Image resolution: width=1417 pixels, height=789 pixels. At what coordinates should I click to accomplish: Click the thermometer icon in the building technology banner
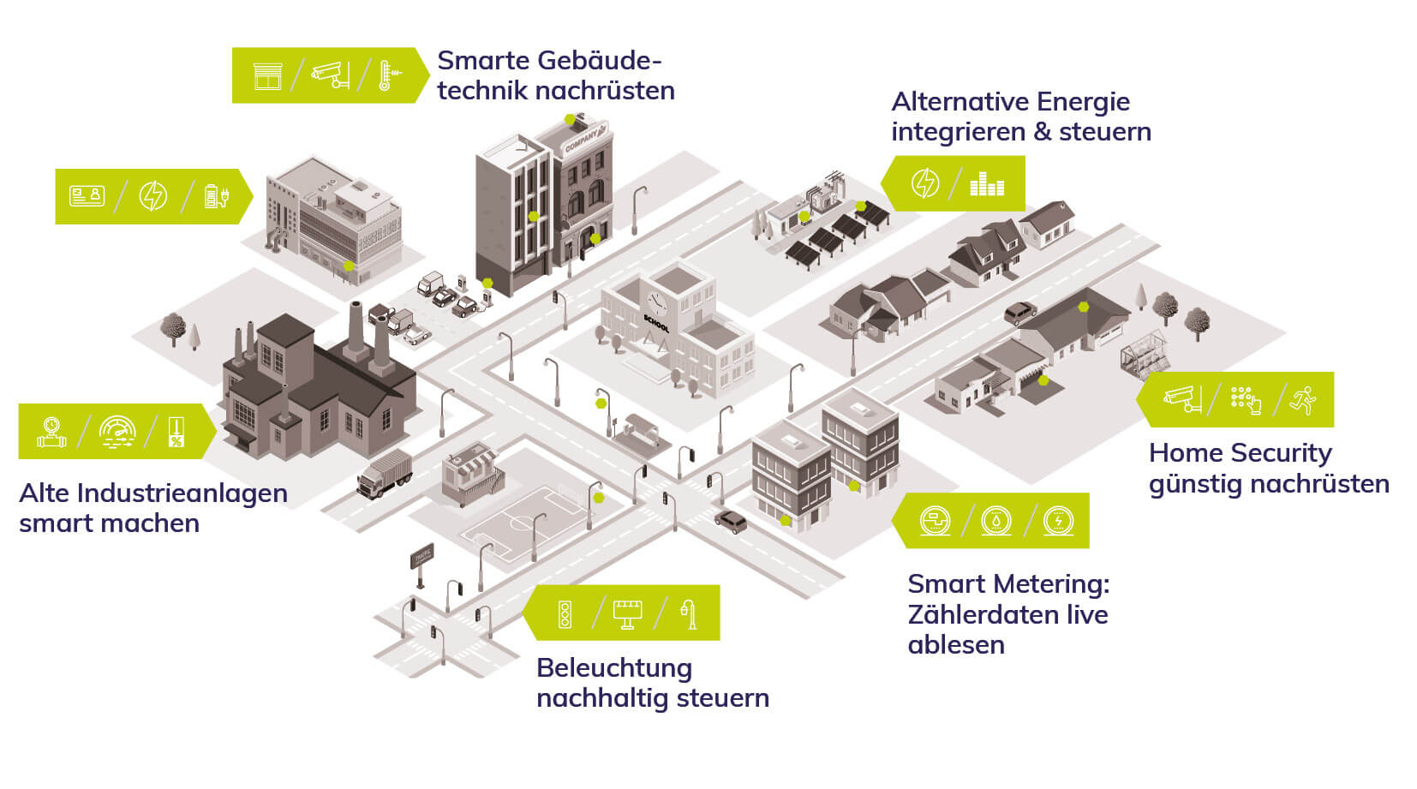387,75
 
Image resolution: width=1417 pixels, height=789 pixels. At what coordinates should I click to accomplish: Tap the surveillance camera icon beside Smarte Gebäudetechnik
330,75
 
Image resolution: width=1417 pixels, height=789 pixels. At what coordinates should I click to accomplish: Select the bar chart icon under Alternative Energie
986,183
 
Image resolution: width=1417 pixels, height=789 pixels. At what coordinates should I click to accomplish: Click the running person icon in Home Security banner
1303,399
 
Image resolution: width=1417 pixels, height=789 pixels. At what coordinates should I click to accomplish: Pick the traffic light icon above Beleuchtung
565,613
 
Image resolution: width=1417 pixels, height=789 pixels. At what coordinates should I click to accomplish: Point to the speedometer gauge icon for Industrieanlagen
117,431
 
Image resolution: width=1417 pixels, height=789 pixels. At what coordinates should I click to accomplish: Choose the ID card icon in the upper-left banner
87,196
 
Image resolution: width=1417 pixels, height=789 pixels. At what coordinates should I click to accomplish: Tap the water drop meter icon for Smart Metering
995,520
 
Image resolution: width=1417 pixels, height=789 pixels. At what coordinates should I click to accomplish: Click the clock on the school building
656,302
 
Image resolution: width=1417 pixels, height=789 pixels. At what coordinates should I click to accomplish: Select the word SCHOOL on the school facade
655,325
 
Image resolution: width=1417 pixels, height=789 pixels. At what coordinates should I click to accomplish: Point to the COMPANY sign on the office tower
583,139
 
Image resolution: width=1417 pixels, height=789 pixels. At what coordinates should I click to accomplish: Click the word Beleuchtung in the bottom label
613,667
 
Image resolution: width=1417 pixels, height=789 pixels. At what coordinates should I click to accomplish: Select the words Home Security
1240,452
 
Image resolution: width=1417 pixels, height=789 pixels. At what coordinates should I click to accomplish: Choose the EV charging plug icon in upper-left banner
216,196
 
